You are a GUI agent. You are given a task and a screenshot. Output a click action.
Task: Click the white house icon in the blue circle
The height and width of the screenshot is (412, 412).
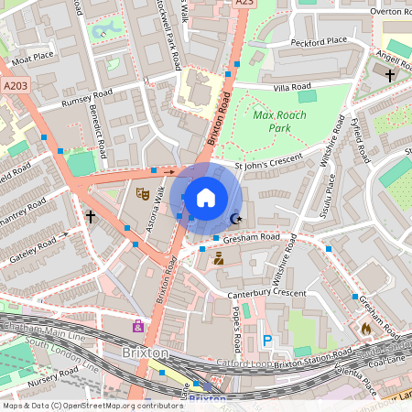[206, 197]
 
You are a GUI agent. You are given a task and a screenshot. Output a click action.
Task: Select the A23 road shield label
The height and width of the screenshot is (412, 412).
[244, 4]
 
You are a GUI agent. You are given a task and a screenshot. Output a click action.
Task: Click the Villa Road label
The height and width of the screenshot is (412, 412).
[292, 87]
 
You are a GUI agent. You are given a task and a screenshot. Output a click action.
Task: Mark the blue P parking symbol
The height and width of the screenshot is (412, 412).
[267, 340]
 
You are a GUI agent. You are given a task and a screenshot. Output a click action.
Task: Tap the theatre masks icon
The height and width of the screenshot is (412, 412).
[142, 193]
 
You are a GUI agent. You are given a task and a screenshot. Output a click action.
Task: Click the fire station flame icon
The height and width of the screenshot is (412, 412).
[366, 327]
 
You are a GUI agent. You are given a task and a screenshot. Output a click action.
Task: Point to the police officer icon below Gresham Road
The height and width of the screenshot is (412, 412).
[219, 259]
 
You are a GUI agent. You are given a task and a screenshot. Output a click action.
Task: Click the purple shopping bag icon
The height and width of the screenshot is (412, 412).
[138, 326]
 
